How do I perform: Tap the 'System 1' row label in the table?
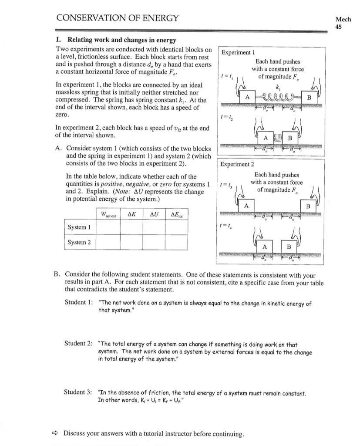click(79, 227)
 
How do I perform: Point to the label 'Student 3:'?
click(79, 393)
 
